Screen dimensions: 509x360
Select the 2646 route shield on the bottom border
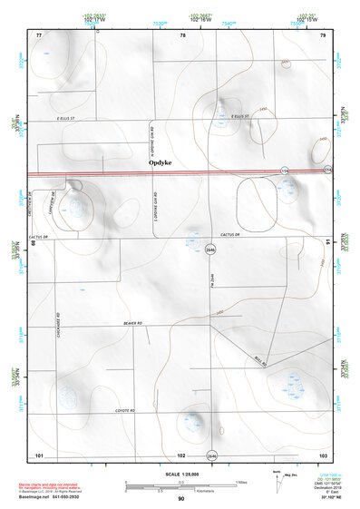tap(211, 455)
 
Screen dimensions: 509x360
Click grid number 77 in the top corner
tap(39, 34)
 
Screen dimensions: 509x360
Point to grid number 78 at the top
tap(183, 34)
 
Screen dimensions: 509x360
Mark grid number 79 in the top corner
tap(322, 34)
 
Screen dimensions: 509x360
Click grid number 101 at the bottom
tap(39, 455)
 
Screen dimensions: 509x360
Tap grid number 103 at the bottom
tap(322, 455)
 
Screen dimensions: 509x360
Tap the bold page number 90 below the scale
tap(181, 499)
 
